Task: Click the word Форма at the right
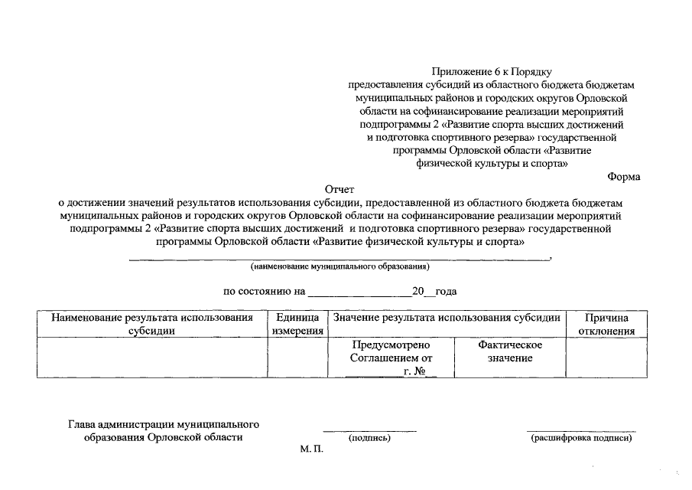click(623, 177)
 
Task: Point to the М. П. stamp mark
click(312, 449)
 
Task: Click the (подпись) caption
click(369, 438)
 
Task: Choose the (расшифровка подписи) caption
click(581, 438)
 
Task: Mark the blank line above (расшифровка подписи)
click(581, 431)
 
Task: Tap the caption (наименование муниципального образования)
click(340, 266)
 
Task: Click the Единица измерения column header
click(296, 324)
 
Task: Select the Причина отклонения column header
click(606, 324)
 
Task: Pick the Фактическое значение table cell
click(509, 351)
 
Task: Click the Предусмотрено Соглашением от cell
click(391, 351)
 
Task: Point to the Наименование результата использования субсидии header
click(151, 324)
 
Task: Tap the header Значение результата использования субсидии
click(447, 318)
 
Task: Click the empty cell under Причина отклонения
click(606, 357)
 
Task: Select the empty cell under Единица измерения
click(296, 357)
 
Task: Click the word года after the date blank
click(446, 292)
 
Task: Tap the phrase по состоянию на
click(264, 292)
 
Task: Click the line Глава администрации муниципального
click(164, 424)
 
